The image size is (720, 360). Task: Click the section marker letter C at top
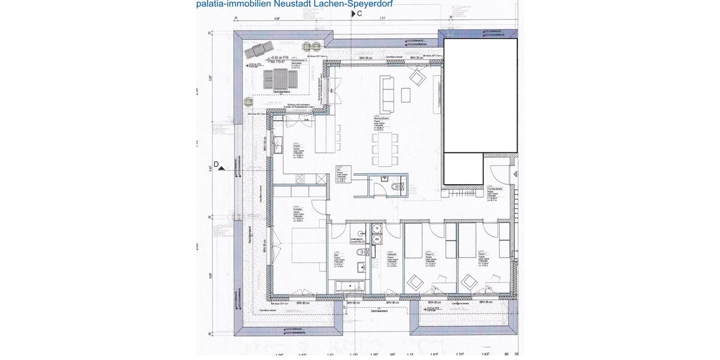pyautogui.click(x=359, y=13)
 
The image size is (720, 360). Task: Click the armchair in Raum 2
pyautogui.click(x=415, y=280)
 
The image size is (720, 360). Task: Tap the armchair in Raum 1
pyautogui.click(x=469, y=280)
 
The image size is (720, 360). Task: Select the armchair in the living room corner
pyautogui.click(x=417, y=77)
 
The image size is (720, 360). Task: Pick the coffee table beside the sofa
pyautogui.click(x=406, y=94)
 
